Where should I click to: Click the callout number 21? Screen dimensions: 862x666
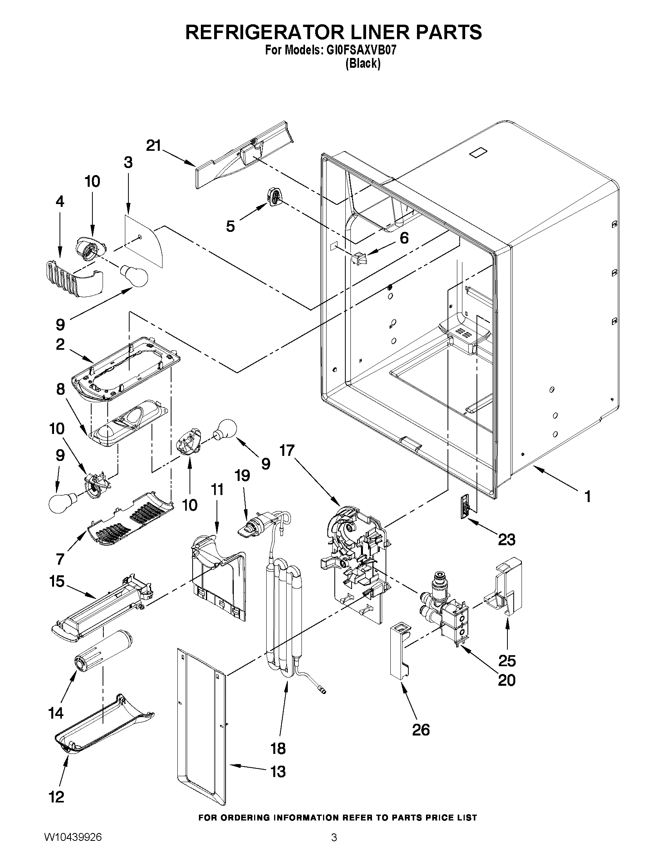coord(154,146)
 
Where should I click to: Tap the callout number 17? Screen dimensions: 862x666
coord(287,450)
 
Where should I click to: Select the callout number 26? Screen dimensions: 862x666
coord(421,729)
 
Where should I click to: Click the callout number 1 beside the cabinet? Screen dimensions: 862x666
coord(587,496)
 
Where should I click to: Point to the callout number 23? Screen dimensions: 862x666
coord(506,539)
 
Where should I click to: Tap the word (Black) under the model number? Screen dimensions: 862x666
coord(363,64)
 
